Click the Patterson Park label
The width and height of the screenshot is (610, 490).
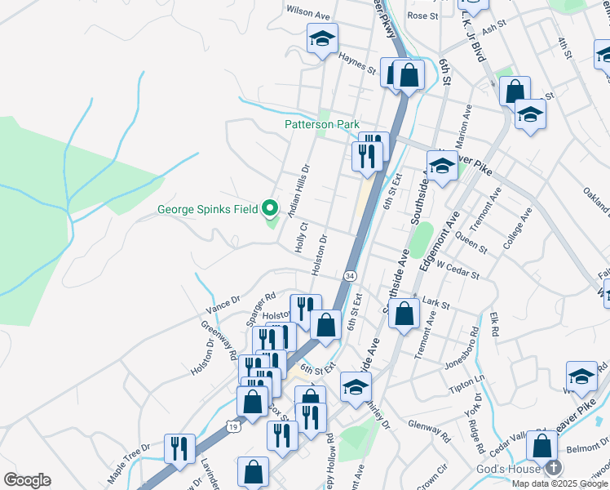point(321,125)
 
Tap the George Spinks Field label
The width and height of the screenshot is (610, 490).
point(207,209)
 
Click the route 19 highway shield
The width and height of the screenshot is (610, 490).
point(233,426)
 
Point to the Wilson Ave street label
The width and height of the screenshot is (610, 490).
point(307,15)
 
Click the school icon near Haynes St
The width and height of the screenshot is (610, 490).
point(322,38)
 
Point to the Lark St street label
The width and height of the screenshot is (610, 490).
point(437,303)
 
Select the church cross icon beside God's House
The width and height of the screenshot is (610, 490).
point(553,468)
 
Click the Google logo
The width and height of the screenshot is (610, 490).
point(27,480)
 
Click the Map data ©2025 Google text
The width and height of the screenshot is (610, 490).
point(559,483)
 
